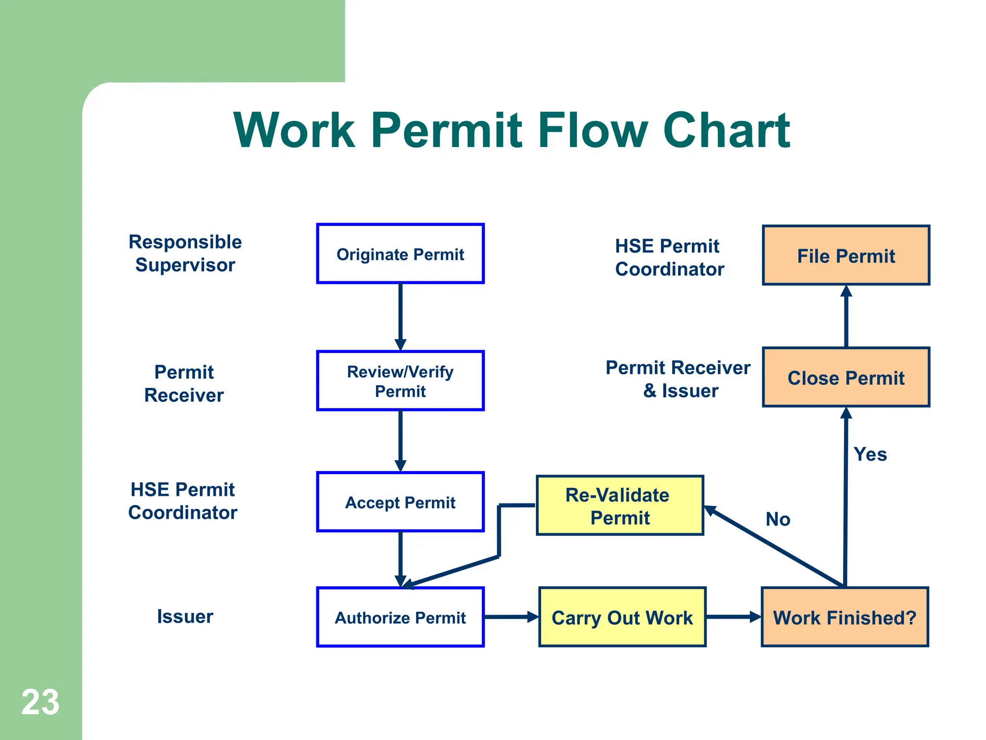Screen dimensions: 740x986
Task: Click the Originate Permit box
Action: (x=400, y=254)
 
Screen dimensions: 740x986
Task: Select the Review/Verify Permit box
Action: (x=400, y=381)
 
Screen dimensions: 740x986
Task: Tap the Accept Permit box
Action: (x=400, y=502)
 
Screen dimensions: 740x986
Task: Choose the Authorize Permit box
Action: (x=400, y=617)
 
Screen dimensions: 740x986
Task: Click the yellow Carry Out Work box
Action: (x=622, y=617)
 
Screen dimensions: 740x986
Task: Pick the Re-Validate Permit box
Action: (x=620, y=505)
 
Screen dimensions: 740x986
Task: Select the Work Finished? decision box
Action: (x=844, y=617)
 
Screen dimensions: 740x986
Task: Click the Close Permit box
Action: (x=846, y=377)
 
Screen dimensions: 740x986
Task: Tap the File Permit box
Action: (x=846, y=255)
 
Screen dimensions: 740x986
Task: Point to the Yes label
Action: (x=870, y=454)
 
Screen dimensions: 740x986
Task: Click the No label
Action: (x=778, y=519)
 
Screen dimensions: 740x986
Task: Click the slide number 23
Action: (x=40, y=702)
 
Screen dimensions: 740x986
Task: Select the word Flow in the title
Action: (x=593, y=130)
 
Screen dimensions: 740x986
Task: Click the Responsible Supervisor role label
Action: (x=185, y=253)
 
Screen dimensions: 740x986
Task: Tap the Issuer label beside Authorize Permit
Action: (x=185, y=617)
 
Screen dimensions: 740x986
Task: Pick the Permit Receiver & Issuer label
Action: (x=678, y=379)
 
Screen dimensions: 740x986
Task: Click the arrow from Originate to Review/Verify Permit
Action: (x=400, y=316)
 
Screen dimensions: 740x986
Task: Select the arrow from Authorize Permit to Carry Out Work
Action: (x=510, y=617)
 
